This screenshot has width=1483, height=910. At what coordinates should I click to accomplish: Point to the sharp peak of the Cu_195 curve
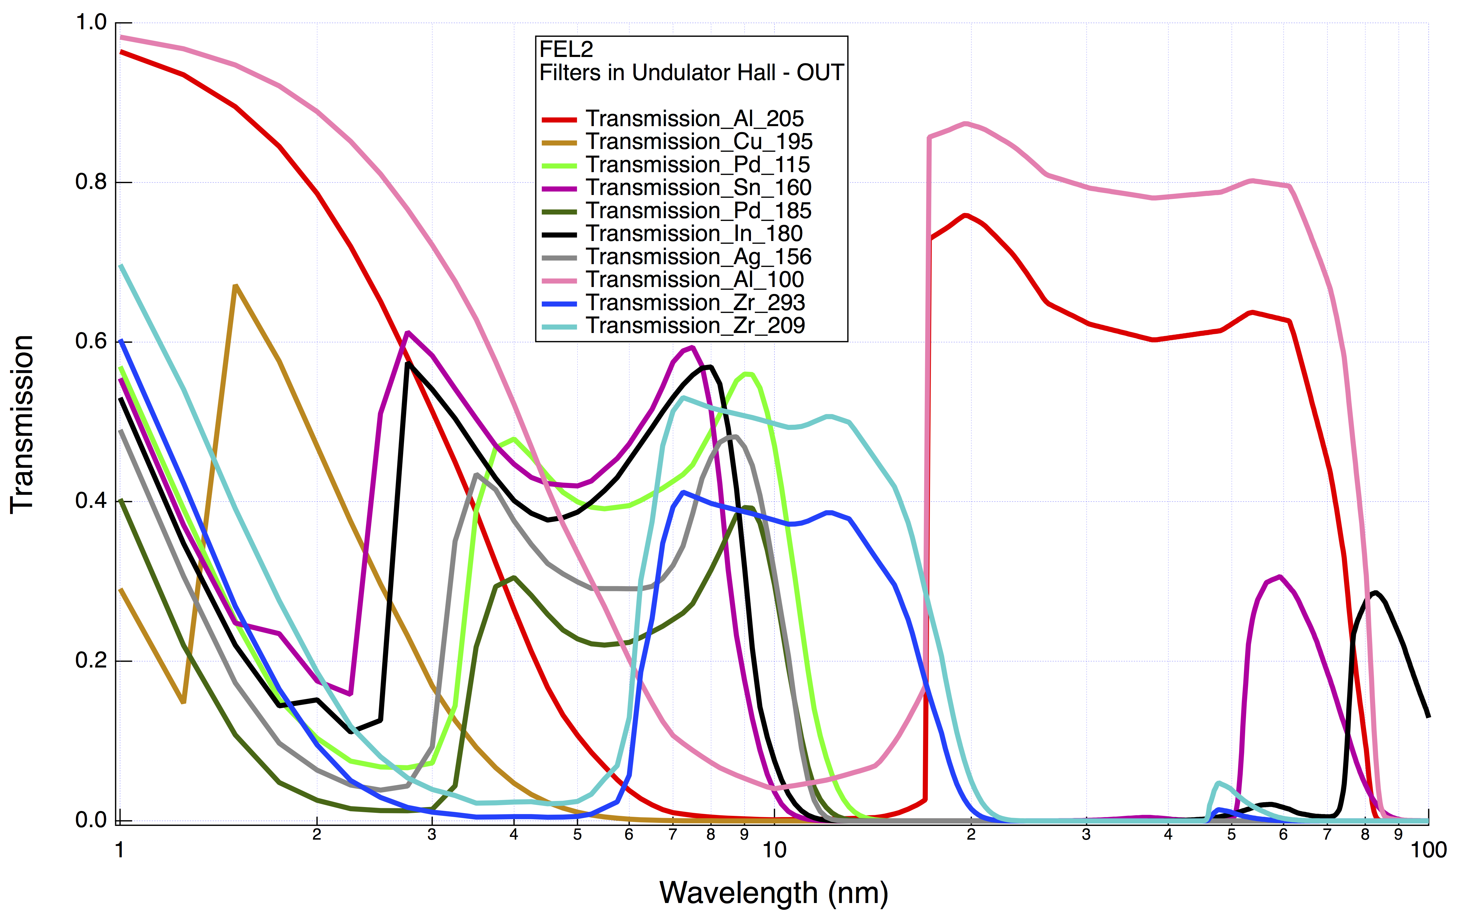(x=235, y=286)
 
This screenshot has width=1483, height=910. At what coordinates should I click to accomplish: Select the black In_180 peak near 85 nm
(x=1375, y=593)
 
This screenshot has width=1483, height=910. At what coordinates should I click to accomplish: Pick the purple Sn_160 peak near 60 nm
(x=1280, y=577)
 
